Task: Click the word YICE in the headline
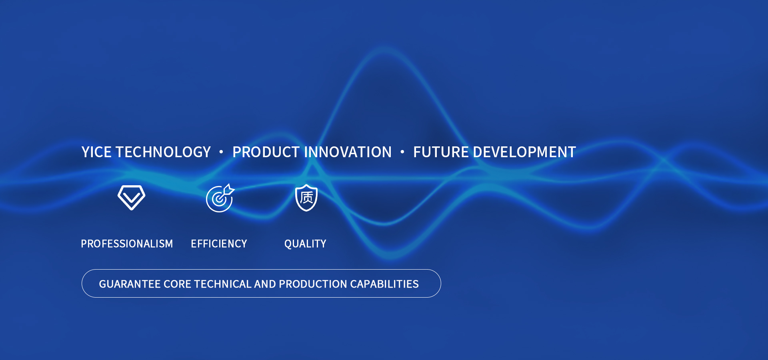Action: (x=96, y=152)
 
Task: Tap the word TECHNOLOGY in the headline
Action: (x=163, y=152)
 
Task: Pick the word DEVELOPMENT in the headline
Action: (x=524, y=152)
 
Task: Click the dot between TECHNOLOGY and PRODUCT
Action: (x=221, y=152)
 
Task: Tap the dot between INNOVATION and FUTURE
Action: (x=402, y=152)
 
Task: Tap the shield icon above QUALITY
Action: (x=306, y=198)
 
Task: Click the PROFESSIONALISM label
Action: (x=127, y=244)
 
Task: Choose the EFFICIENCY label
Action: (x=219, y=244)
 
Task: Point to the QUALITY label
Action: (x=305, y=244)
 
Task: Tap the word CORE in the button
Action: (x=178, y=284)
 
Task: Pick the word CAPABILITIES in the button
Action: (x=384, y=284)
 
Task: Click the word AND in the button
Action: (x=265, y=284)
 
